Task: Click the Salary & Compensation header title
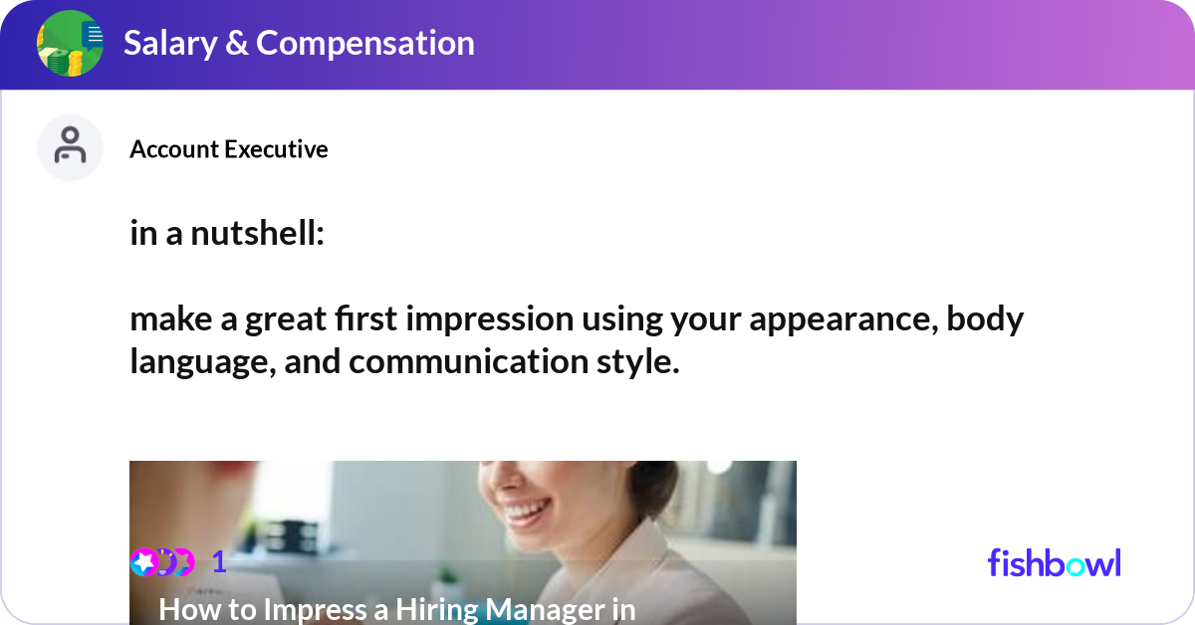299,44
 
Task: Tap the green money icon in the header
70,44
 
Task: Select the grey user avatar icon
70,147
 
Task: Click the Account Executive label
228,149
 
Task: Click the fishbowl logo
1054,563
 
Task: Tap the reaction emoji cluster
162,562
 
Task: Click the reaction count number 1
219,563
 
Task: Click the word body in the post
985,319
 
